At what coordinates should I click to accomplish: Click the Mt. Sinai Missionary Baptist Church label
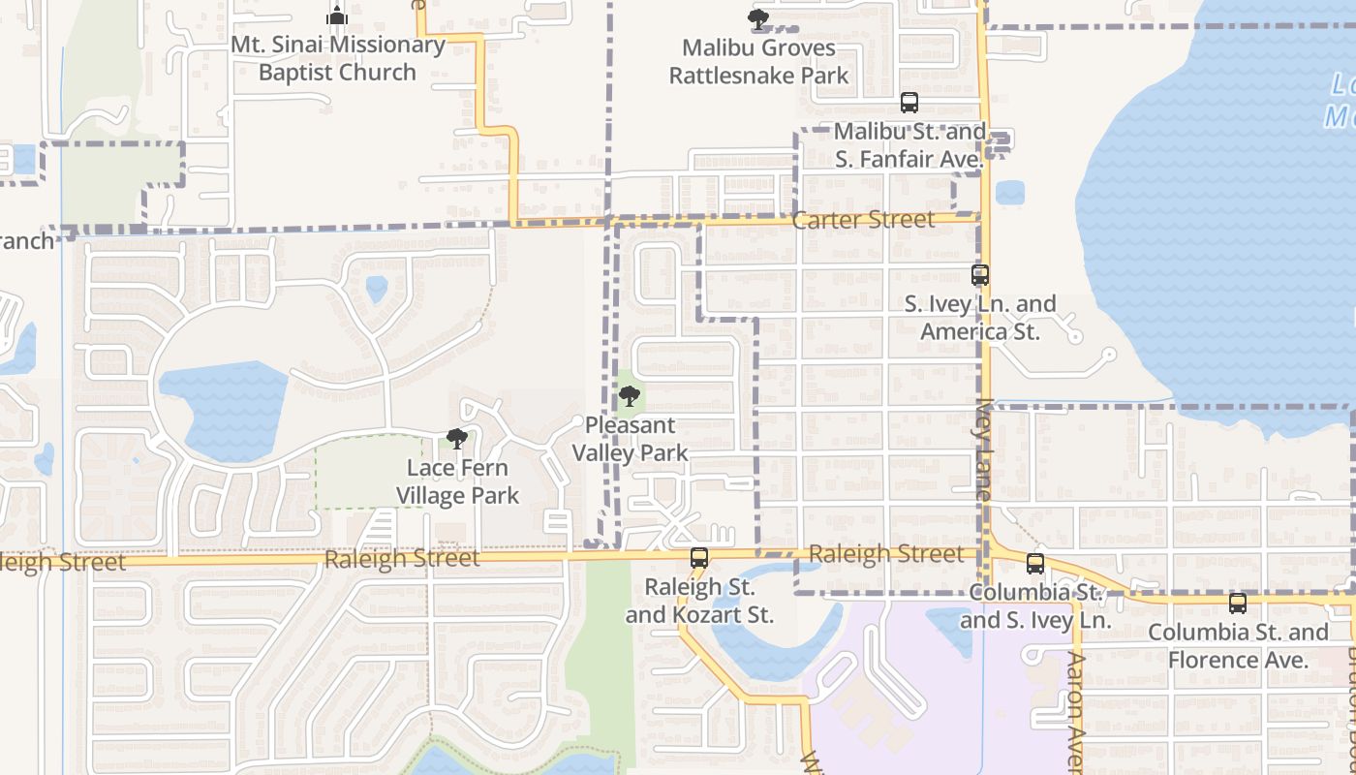tap(337, 58)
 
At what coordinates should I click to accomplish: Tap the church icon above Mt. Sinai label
tap(336, 16)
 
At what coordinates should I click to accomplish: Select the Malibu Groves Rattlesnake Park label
tap(758, 61)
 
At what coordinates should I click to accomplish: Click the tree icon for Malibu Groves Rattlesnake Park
tap(757, 18)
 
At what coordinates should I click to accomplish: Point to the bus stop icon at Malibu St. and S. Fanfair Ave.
tap(909, 102)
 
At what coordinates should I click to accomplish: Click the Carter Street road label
tap(863, 220)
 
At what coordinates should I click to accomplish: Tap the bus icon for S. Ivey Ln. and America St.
tap(979, 275)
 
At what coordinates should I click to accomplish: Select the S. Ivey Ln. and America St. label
tap(979, 318)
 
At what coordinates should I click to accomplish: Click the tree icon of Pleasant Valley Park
tap(629, 395)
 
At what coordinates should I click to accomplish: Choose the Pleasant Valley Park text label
tap(630, 439)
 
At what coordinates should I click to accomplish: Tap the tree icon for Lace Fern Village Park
tap(456, 439)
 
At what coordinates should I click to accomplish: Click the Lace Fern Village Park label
tap(457, 481)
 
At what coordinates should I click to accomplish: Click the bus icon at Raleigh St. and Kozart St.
tap(698, 558)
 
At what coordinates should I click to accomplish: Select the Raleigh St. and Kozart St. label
tap(698, 601)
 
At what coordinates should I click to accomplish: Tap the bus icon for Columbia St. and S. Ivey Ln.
tap(1034, 564)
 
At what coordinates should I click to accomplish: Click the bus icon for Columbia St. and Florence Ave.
tap(1237, 604)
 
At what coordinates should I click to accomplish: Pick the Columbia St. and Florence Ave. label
tap(1237, 646)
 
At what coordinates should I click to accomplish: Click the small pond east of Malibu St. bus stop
tap(1009, 192)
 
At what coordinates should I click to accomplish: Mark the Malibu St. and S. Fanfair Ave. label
tap(909, 144)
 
